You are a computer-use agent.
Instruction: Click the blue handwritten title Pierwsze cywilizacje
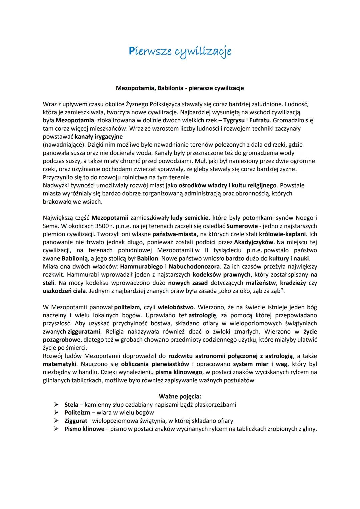click(x=180, y=52)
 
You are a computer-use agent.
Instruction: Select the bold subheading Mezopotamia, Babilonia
click(x=180, y=88)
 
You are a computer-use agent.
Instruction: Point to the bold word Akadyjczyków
click(x=254, y=242)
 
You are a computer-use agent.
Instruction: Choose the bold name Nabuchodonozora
click(x=194, y=267)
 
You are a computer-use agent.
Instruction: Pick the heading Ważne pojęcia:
click(x=180, y=397)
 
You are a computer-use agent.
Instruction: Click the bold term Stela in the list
click(x=71, y=405)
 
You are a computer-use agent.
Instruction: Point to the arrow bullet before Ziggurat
click(x=56, y=421)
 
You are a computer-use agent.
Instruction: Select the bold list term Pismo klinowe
click(x=84, y=429)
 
